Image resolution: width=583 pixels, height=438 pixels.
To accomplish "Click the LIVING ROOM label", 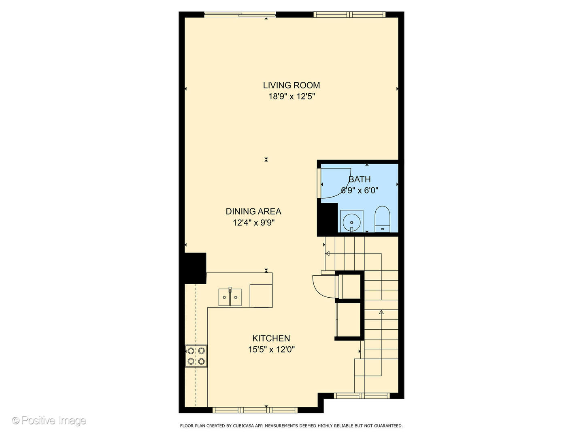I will [291, 85].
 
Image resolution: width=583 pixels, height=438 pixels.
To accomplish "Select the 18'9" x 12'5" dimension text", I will [291, 97].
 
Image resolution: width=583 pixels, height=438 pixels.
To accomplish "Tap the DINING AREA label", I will [253, 211].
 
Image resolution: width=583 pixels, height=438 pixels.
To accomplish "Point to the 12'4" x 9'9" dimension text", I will [253, 223].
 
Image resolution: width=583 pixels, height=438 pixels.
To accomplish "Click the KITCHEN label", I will [271, 338].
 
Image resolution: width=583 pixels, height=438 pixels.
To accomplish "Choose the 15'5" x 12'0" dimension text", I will [271, 350].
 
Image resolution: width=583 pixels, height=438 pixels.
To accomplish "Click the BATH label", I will [360, 179].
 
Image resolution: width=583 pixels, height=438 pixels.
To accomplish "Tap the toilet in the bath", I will [382, 219].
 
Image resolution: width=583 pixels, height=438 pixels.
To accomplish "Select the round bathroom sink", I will [351, 222].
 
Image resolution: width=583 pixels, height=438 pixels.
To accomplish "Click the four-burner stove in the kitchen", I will [196, 356].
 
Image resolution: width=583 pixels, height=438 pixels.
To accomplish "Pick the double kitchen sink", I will [230, 297].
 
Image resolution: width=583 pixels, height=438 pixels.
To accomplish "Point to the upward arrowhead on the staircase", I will [381, 312].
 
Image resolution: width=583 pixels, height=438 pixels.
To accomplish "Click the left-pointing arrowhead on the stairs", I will [327, 254].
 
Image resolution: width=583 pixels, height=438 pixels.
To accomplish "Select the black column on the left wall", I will [196, 268].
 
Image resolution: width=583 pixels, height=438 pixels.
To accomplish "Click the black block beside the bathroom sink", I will [327, 219].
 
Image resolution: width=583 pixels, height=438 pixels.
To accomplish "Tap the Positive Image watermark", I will [49, 421].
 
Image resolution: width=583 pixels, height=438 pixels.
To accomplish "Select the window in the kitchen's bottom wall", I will [255, 410].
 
